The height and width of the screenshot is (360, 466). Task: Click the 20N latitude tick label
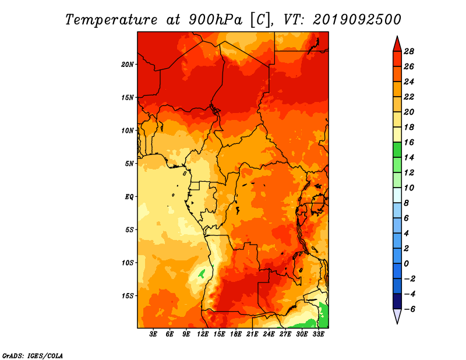[x=128, y=65]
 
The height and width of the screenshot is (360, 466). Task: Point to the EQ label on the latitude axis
[x=129, y=197]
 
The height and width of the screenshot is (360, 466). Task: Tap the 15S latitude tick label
[x=128, y=296]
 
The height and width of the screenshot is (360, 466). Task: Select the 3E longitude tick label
[x=153, y=334]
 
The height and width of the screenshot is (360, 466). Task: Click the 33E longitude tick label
[x=318, y=334]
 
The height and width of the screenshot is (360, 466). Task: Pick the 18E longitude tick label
[x=236, y=334]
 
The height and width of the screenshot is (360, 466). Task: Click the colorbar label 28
[x=409, y=51]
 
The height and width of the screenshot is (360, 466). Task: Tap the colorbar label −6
[x=409, y=309]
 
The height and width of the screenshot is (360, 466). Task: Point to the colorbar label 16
[x=409, y=142]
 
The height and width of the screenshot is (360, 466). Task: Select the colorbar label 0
[x=406, y=264]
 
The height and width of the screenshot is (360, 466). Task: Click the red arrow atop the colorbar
[x=397, y=44]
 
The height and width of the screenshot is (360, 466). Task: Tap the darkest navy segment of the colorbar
[x=397, y=301]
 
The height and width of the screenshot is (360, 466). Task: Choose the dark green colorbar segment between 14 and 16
[x=397, y=150]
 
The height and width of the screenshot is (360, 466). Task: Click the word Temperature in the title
[x=111, y=20]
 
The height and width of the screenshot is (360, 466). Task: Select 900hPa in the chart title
[x=216, y=20]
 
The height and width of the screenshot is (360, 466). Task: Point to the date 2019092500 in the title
[x=357, y=20]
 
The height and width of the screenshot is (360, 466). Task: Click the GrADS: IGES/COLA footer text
[x=33, y=356]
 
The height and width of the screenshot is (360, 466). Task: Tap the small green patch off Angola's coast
[x=202, y=273]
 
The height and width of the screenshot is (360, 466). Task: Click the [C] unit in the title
[x=260, y=20]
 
